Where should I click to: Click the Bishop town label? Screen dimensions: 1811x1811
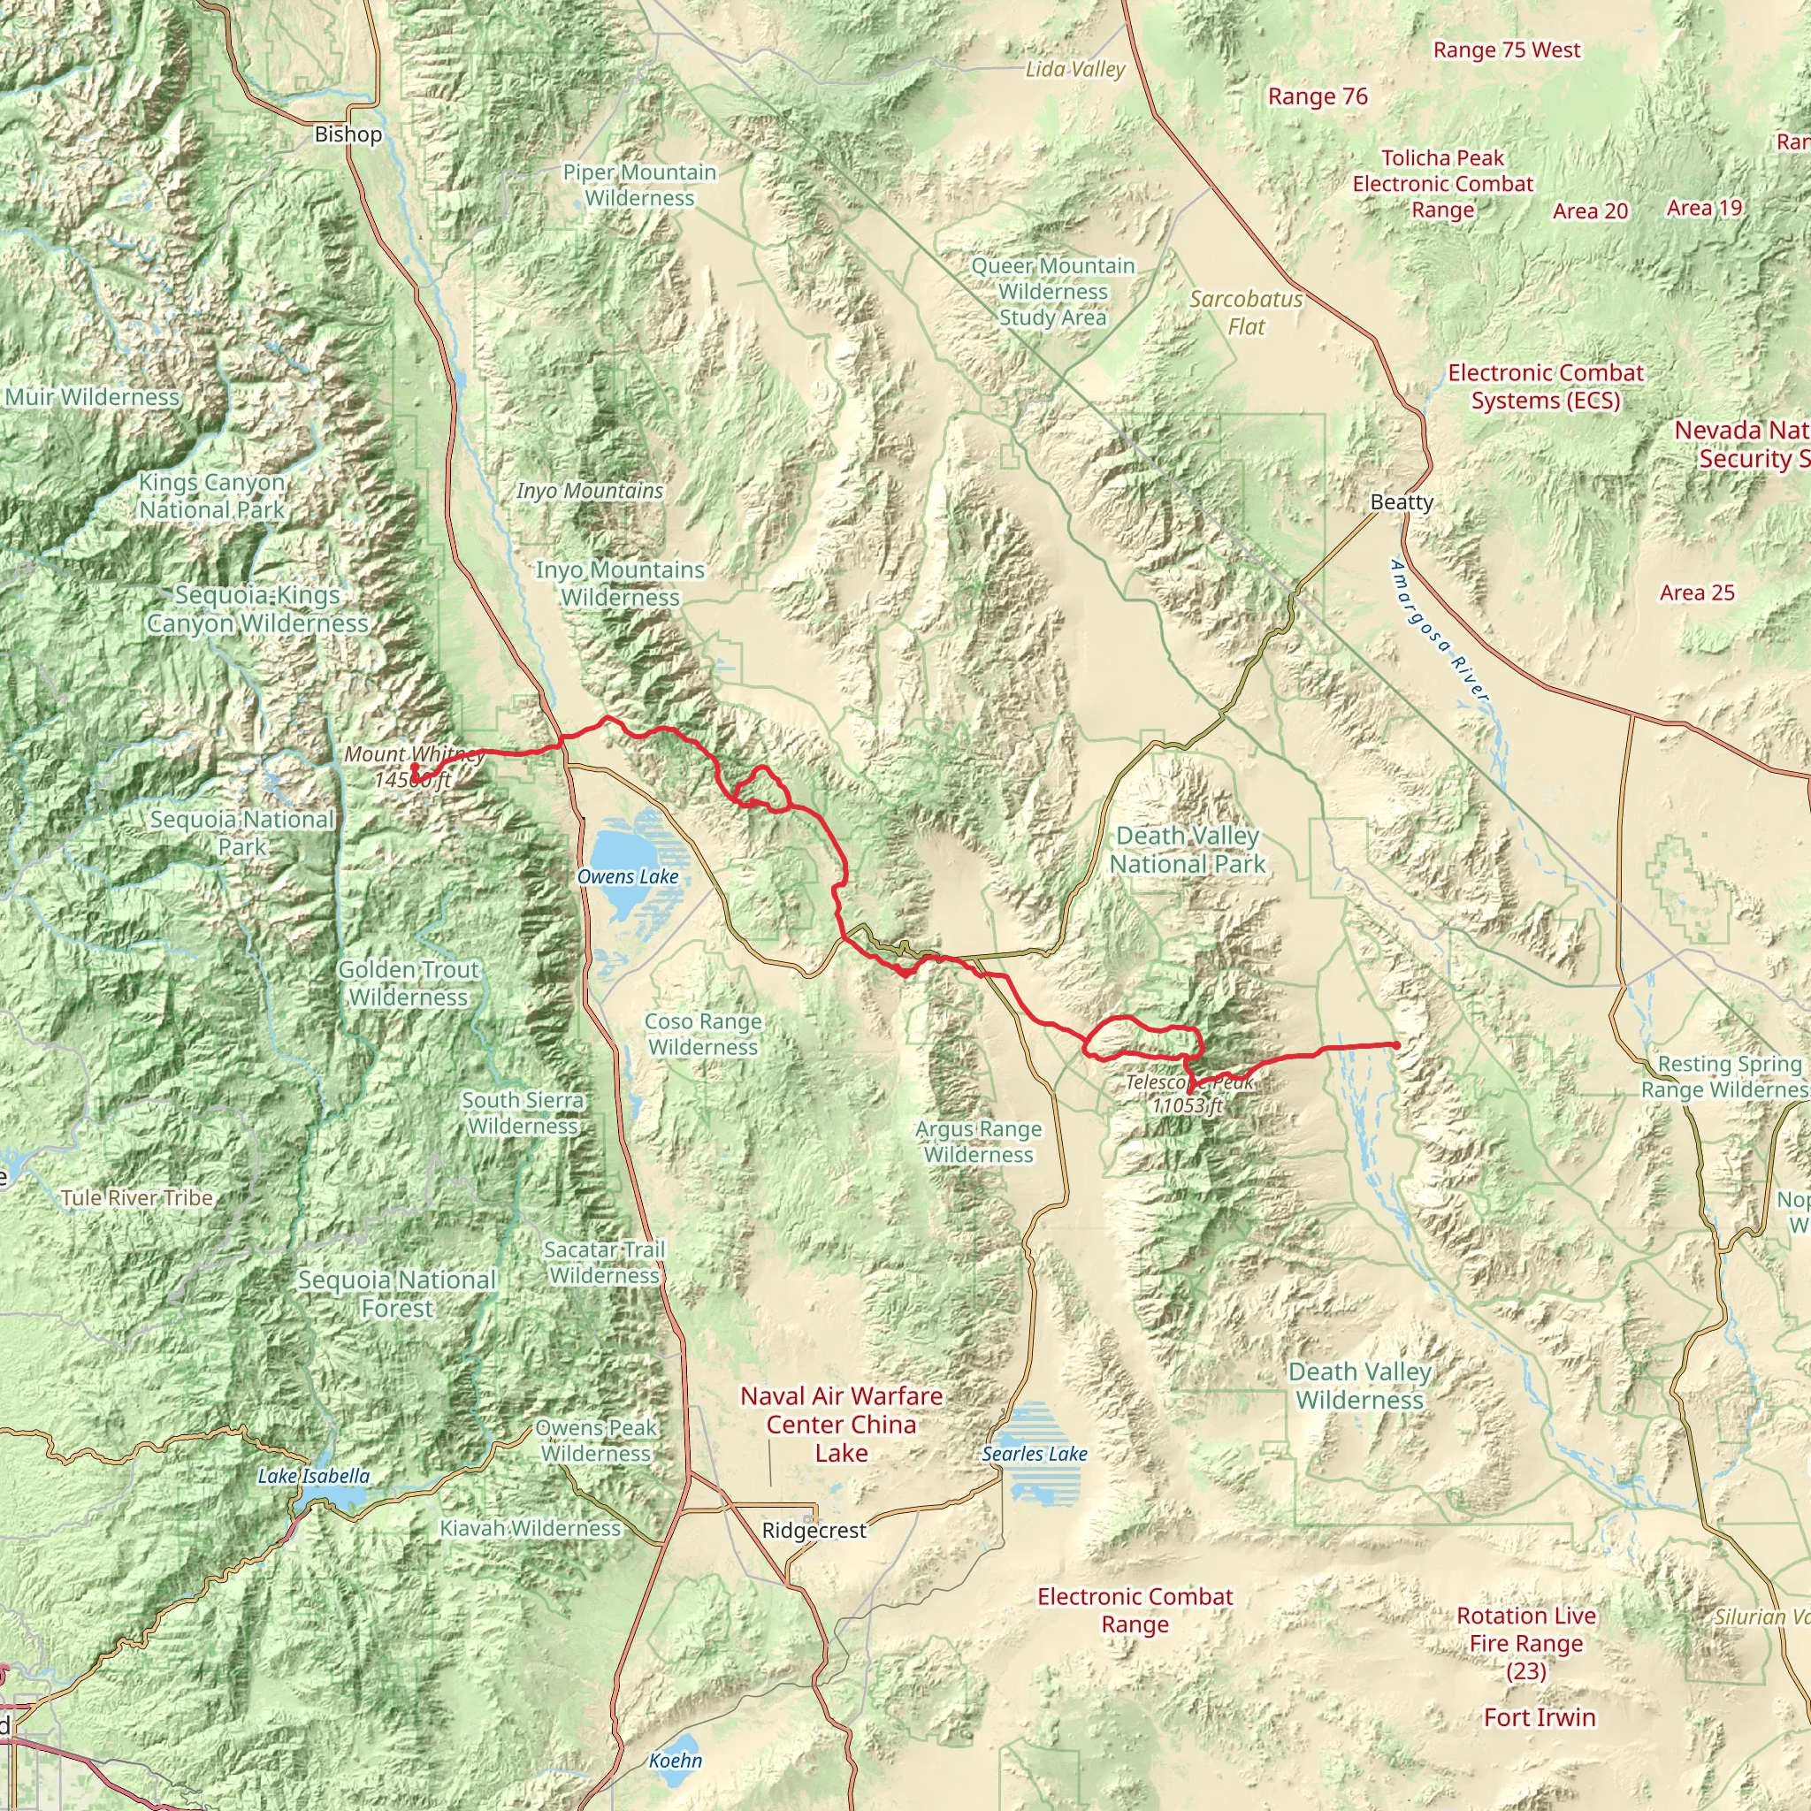[x=348, y=134]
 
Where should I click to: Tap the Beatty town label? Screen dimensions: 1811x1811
[x=1402, y=501]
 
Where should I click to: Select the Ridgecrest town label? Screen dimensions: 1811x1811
[x=814, y=1531]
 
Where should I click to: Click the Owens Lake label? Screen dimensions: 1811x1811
[x=627, y=876]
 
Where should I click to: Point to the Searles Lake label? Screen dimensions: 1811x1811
[x=1035, y=1454]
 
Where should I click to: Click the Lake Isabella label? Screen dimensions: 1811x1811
[x=314, y=1477]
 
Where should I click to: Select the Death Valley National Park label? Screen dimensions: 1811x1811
[x=1188, y=850]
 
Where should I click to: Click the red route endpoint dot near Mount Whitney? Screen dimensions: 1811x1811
[x=415, y=767]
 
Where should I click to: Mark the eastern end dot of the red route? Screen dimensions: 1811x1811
[x=1396, y=1044]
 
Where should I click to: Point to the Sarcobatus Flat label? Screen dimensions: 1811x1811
[x=1246, y=312]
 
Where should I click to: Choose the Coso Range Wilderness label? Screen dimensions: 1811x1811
[x=703, y=1034]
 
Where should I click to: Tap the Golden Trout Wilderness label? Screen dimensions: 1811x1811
[x=409, y=983]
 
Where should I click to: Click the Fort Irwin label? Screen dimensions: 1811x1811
[x=1540, y=1717]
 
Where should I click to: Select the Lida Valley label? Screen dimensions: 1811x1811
[x=1075, y=69]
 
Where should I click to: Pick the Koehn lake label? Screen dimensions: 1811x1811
[x=675, y=1761]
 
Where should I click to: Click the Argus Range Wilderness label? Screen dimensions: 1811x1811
[x=979, y=1142]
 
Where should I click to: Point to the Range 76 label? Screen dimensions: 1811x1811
[x=1317, y=96]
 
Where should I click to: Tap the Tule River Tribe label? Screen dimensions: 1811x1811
[x=137, y=1198]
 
